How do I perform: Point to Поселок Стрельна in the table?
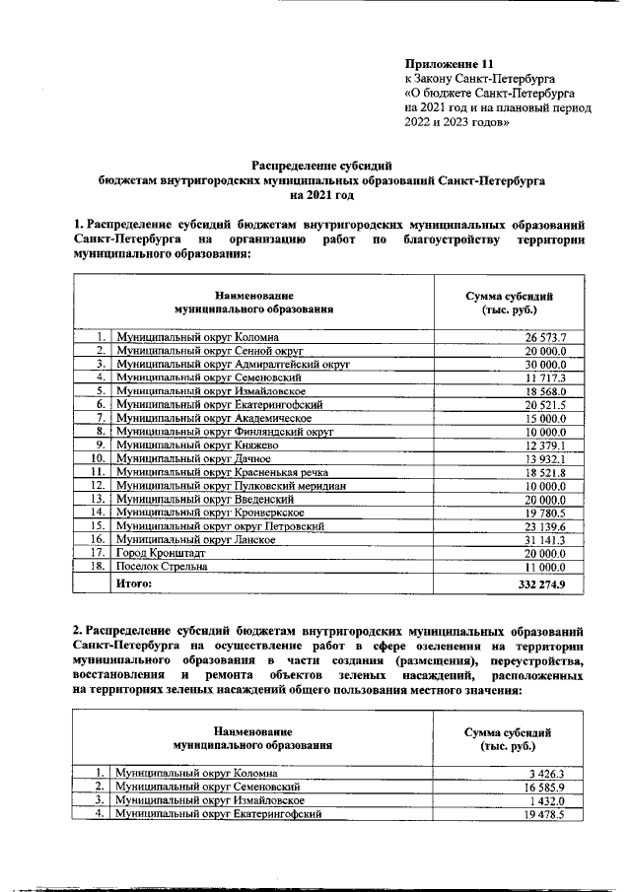(162, 567)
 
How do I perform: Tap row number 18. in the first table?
(98, 567)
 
